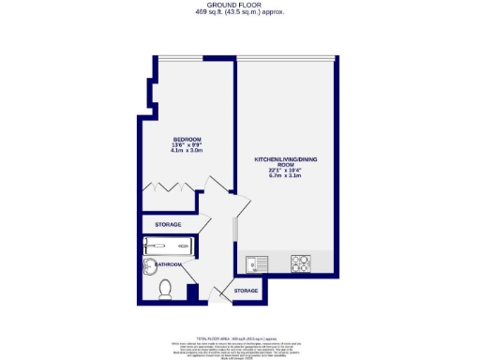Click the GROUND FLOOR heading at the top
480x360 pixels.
(x=240, y=6)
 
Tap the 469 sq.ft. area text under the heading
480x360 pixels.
(x=240, y=12)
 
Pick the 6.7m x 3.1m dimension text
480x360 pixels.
(x=286, y=174)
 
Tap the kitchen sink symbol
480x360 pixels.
(x=257, y=262)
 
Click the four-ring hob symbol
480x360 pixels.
(x=301, y=262)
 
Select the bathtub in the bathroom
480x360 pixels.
(x=168, y=247)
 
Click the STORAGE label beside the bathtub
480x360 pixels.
(x=168, y=225)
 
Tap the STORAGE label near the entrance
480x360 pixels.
(x=246, y=292)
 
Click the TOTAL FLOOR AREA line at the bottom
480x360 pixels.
(x=240, y=336)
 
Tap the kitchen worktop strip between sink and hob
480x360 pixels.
(x=279, y=262)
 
